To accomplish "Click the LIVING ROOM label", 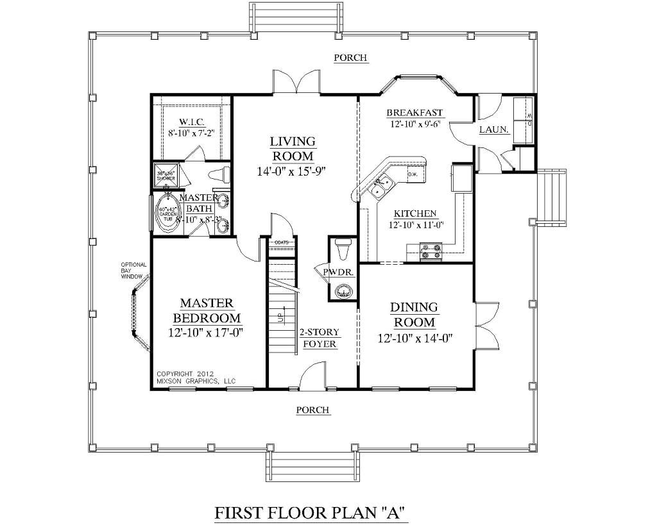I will tap(292, 148).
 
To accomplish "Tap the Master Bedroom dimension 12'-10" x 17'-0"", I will tap(201, 332).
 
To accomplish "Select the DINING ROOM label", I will tap(414, 314).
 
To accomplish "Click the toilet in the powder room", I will tap(343, 247).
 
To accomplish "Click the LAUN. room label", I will tap(494, 130).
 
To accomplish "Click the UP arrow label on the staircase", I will tap(280, 317).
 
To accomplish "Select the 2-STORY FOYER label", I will tap(320, 338).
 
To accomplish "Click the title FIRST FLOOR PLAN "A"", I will tap(311, 513).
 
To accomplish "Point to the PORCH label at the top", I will tap(350, 58).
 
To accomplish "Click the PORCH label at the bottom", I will tap(312, 410).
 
